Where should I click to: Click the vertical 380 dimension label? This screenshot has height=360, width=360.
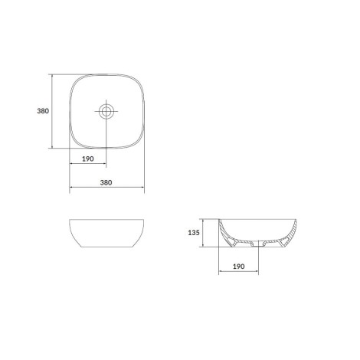(43, 111)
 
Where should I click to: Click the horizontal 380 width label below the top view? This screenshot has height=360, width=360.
(106, 182)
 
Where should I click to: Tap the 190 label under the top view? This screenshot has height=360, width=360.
(88, 159)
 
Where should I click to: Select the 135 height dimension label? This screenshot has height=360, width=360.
(194, 233)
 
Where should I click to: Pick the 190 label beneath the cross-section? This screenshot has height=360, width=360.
(239, 267)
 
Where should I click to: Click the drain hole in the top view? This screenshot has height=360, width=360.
(106, 111)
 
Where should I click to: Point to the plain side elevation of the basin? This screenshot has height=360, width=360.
(106, 233)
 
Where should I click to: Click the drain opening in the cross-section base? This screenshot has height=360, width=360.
(258, 244)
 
